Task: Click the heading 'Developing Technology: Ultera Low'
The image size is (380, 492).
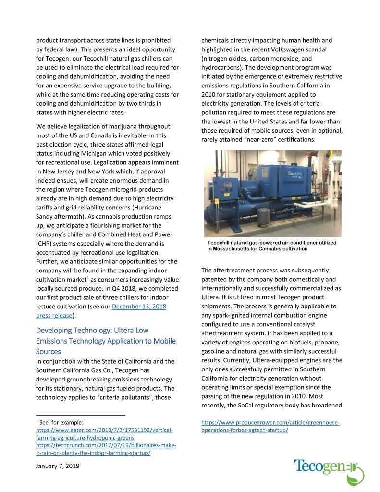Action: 92,330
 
